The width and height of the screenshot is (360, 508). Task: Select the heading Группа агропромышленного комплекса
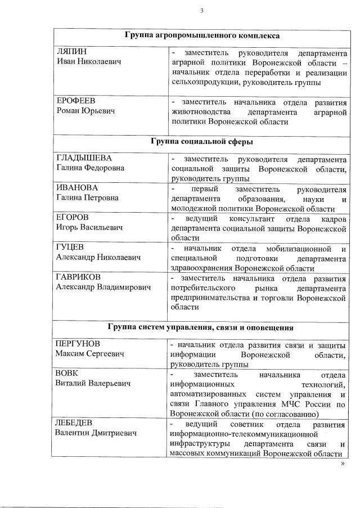[x=202, y=35]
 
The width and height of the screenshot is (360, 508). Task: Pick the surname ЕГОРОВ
[x=73, y=217]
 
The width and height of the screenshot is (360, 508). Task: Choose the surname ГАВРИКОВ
[x=80, y=277]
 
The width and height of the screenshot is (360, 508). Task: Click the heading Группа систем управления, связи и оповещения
[x=202, y=327]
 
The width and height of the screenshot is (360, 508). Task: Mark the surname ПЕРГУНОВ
[x=81, y=344]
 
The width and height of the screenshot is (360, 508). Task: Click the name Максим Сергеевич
[x=89, y=354]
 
